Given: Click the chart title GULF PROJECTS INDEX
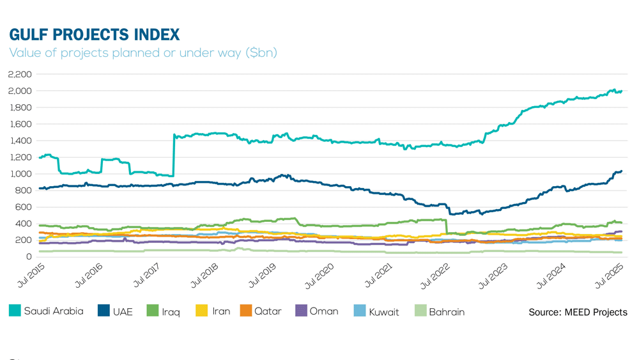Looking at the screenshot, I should [95, 34].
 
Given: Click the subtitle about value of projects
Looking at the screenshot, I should [143, 52].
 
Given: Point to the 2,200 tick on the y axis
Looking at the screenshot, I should [20, 74].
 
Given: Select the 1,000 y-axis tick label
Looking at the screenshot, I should [20, 174].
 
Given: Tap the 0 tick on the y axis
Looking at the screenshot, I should [29, 256].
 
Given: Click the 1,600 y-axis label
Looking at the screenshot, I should [20, 124].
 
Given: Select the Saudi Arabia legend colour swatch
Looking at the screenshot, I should [15, 311].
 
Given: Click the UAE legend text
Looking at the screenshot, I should [123, 312].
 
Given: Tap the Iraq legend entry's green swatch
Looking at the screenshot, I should [153, 311].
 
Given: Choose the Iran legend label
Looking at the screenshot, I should [221, 312].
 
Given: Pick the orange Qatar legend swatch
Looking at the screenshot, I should [245, 311].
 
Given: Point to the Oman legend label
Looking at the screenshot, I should [324, 312].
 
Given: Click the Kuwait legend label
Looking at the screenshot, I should [383, 312].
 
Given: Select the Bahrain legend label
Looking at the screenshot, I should [447, 312].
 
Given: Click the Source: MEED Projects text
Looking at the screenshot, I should [578, 312].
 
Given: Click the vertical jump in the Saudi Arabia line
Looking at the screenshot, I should [174, 155].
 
